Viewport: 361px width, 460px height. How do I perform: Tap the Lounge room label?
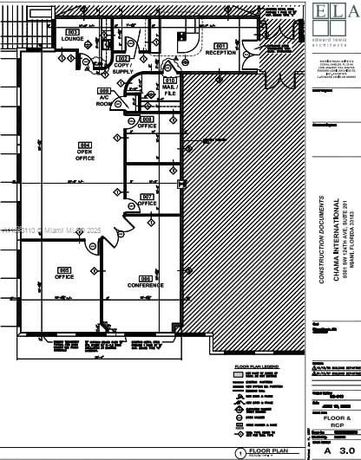click(x=72, y=39)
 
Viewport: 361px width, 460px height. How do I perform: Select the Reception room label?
click(x=220, y=53)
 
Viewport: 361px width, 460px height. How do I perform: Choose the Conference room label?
click(x=145, y=284)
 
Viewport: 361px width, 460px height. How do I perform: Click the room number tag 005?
click(x=64, y=269)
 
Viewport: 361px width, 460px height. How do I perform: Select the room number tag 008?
click(x=147, y=119)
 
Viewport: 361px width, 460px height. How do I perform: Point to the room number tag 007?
click(x=147, y=196)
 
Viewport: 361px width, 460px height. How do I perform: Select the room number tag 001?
click(x=220, y=44)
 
